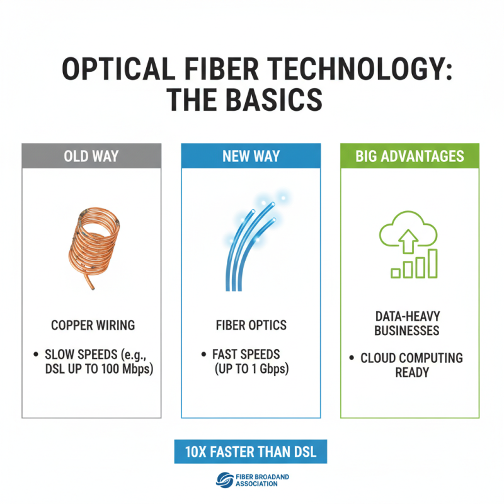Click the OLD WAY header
click(x=92, y=156)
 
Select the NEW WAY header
click(x=251, y=156)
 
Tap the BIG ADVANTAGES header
click(x=409, y=156)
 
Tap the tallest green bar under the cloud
click(x=432, y=263)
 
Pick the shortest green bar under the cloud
click(x=396, y=273)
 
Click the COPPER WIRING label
click(x=92, y=326)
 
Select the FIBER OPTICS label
click(x=251, y=326)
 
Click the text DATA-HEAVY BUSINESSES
click(x=410, y=323)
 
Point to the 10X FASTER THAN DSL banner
click(x=251, y=452)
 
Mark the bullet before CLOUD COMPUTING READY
click(x=351, y=358)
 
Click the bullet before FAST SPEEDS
click(x=203, y=355)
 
